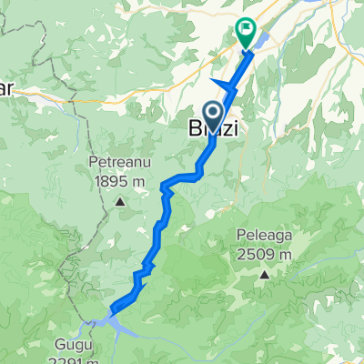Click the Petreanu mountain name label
(x=117, y=164)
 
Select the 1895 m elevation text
(x=118, y=181)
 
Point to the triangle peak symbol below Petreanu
(x=119, y=197)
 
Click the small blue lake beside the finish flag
(x=261, y=40)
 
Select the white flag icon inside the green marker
(x=246, y=27)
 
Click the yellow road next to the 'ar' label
(x=36, y=87)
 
